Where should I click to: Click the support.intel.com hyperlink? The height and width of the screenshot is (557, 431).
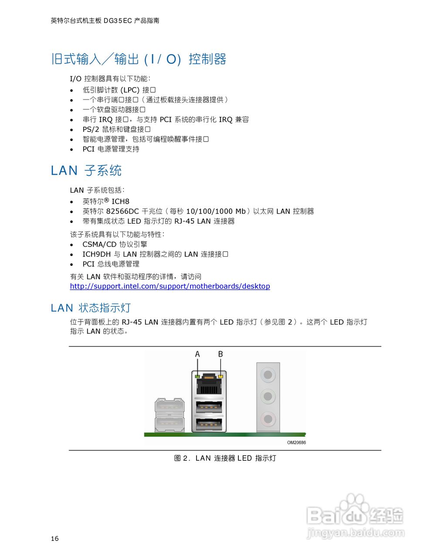(x=170, y=286)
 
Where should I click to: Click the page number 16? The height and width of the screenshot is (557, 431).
(x=54, y=539)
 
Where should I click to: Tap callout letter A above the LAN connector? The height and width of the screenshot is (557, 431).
(x=197, y=354)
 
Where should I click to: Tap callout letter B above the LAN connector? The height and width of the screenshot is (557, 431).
(x=221, y=354)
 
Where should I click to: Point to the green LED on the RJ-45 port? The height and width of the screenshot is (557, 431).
(x=197, y=376)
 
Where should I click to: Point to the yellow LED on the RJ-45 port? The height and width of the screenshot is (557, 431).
(x=221, y=376)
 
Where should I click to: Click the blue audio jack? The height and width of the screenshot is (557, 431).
(x=268, y=374)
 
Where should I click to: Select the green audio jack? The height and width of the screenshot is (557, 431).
(x=268, y=396)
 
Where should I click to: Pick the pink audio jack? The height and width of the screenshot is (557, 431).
(x=268, y=419)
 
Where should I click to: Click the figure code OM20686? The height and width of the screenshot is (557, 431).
(x=296, y=443)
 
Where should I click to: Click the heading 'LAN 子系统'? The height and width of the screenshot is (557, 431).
(x=86, y=171)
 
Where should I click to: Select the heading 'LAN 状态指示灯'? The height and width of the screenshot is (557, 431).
(x=91, y=308)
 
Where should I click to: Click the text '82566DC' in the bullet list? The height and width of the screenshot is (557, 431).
(x=122, y=211)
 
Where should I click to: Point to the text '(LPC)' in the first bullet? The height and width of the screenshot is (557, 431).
(x=130, y=90)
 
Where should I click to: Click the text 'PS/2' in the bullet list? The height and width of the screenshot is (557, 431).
(x=91, y=130)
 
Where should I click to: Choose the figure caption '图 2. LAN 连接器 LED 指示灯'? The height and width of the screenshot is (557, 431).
(x=225, y=458)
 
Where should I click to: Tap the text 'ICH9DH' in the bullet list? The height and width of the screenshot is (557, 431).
(x=96, y=254)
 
